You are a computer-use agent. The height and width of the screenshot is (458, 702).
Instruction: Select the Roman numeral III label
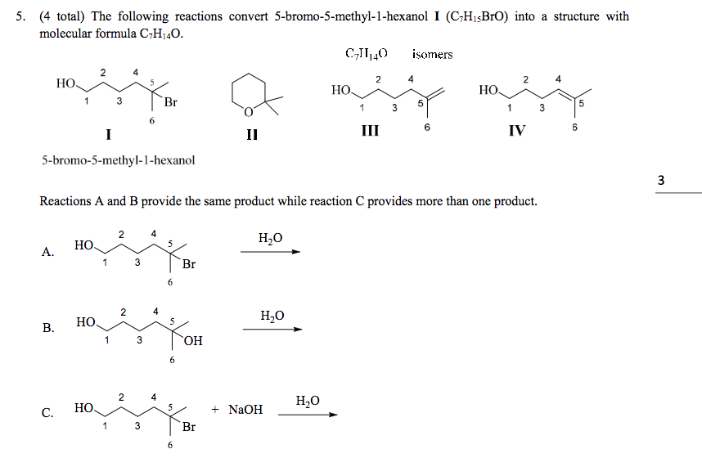pos(371,130)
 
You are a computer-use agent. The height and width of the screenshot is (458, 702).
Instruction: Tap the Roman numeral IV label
pos(516,130)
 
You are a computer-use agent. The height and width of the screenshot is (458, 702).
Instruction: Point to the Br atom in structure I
pos(170,103)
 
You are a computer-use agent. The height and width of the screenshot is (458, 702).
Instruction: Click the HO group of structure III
pos(341,90)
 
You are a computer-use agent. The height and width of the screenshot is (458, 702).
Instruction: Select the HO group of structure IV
pos(488,90)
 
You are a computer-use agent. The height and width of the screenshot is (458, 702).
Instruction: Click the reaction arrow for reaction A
pos(270,252)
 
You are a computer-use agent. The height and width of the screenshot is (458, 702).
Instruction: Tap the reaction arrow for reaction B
pos(272,329)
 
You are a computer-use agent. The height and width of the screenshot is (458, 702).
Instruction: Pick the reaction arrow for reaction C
pos(308,415)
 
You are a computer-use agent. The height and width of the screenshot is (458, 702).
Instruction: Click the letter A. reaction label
pos(48,252)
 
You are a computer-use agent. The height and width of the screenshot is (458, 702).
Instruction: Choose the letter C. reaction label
pos(48,413)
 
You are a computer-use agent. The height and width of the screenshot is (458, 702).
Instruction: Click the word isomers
pos(432,55)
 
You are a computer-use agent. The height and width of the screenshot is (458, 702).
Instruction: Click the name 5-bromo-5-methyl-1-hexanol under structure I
pos(118,160)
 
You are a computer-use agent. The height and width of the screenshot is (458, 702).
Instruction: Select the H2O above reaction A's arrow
pos(270,238)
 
